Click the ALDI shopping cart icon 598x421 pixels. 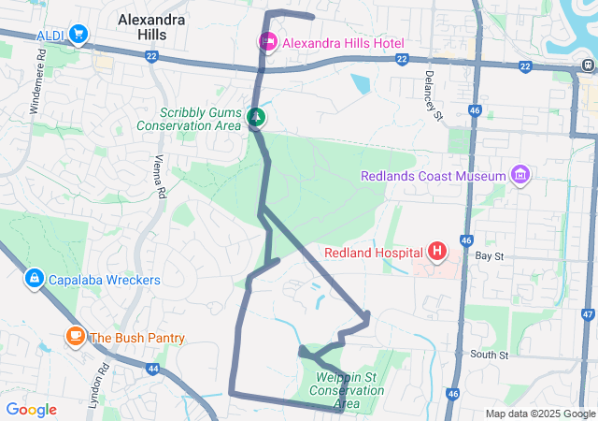click(78, 35)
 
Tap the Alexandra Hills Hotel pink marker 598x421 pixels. click(267, 42)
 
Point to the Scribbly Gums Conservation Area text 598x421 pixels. click(188, 119)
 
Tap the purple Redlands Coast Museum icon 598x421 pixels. click(520, 175)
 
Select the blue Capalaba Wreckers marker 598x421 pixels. click(35, 279)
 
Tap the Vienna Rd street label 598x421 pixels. click(160, 175)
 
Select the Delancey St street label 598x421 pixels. click(431, 94)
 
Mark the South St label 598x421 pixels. click(489, 355)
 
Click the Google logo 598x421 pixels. click(31, 410)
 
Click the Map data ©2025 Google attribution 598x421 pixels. click(540, 414)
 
